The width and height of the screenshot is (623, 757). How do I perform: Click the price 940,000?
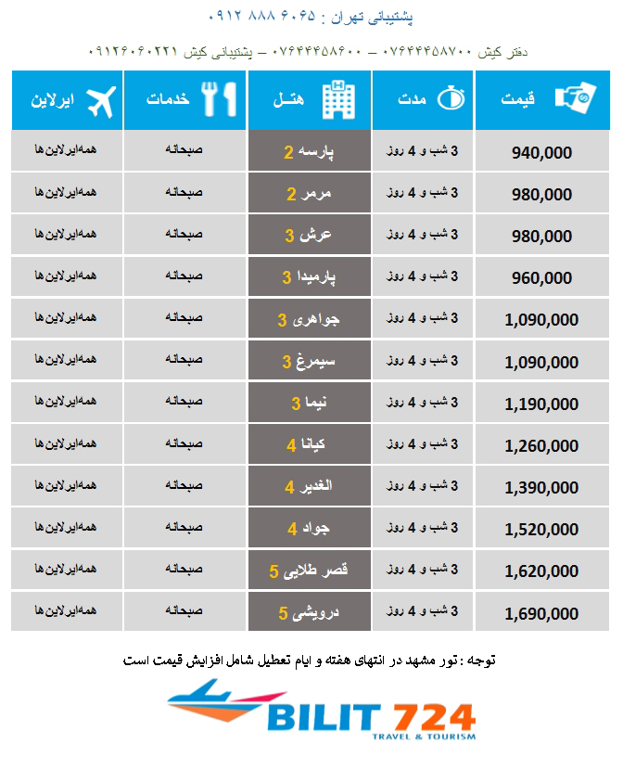tap(541, 152)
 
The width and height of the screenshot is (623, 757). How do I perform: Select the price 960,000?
tap(541, 277)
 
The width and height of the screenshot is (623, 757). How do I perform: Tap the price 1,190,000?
tap(541, 404)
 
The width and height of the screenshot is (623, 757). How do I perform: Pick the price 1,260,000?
tap(541, 446)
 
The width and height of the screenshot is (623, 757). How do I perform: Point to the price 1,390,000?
tap(541, 488)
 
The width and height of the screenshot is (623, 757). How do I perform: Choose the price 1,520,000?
tap(541, 530)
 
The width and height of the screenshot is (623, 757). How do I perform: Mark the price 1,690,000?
tap(541, 614)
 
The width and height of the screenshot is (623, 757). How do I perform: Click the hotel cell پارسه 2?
tap(309, 151)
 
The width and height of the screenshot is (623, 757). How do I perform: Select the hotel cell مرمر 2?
tap(309, 194)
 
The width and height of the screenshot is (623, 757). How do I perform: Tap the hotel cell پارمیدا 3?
tap(309, 277)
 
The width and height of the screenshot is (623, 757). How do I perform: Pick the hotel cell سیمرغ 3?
tap(309, 362)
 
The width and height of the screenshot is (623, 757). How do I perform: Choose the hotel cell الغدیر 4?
tap(309, 487)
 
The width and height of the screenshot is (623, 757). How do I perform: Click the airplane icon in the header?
tap(103, 100)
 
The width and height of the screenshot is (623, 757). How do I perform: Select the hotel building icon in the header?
tap(335, 100)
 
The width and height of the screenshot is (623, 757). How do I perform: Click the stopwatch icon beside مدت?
tap(451, 100)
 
